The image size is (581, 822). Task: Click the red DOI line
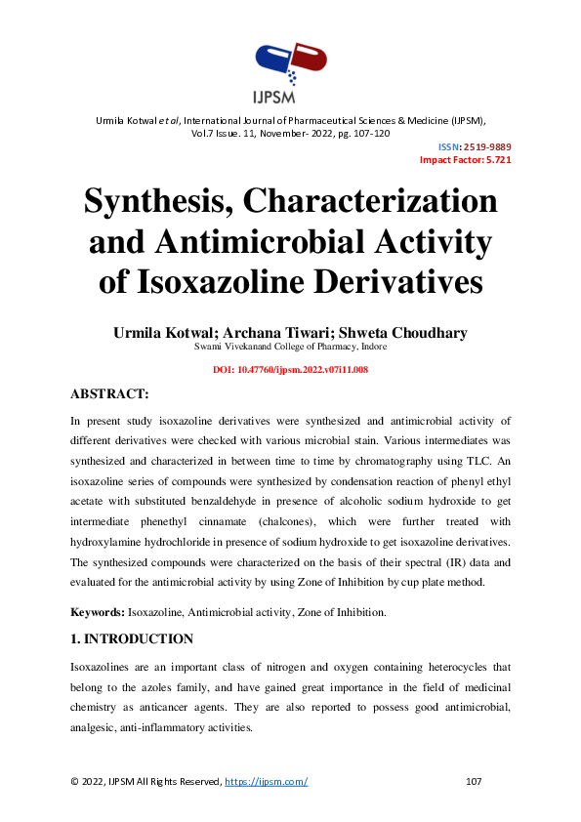click(x=290, y=370)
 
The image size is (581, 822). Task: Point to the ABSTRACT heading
click(x=109, y=394)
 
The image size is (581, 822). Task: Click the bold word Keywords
click(x=97, y=612)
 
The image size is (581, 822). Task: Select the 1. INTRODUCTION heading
click(x=132, y=639)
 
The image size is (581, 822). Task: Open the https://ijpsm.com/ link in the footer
click(x=267, y=782)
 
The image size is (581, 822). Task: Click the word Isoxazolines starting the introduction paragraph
click(x=104, y=667)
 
